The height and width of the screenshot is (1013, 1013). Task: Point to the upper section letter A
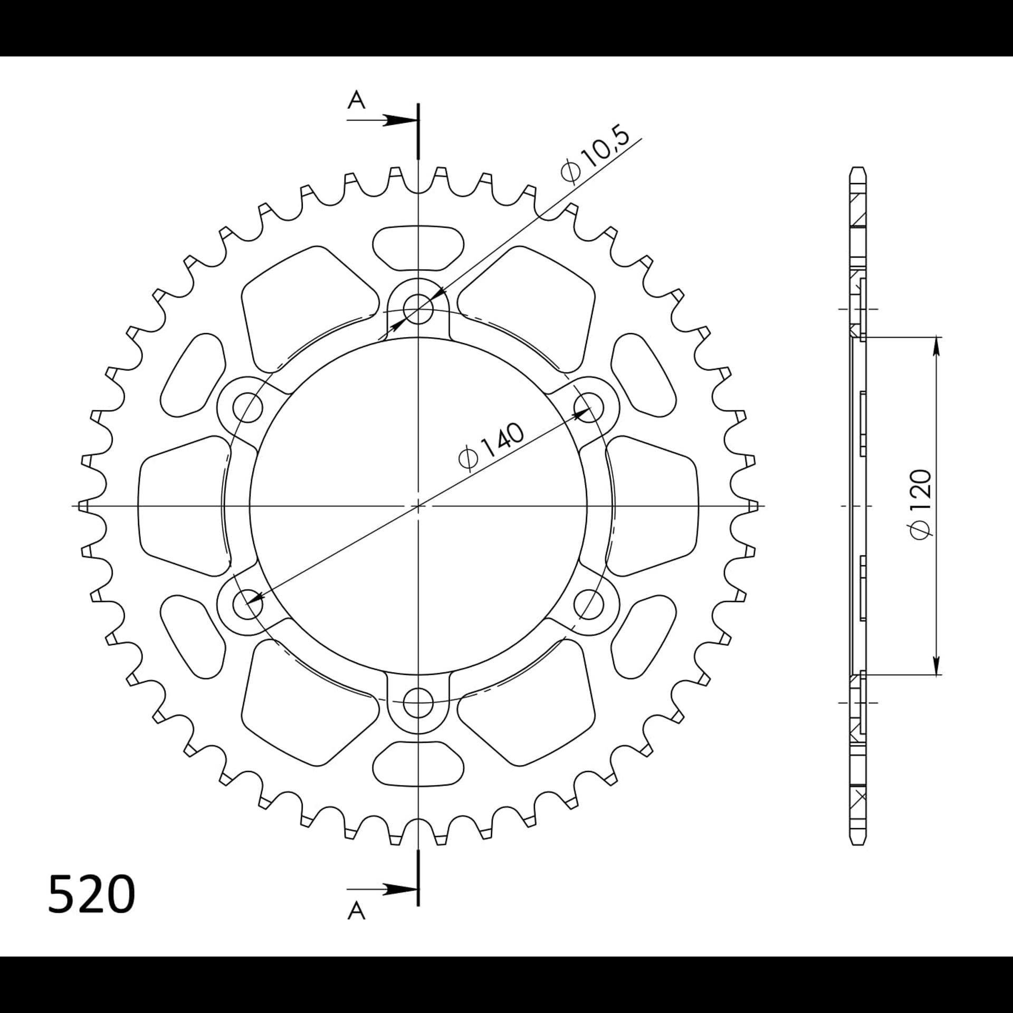point(357,100)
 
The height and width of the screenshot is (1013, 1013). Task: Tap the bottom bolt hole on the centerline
point(418,703)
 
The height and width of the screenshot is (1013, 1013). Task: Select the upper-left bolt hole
point(247,407)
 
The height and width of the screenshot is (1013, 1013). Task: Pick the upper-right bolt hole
point(589,407)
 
